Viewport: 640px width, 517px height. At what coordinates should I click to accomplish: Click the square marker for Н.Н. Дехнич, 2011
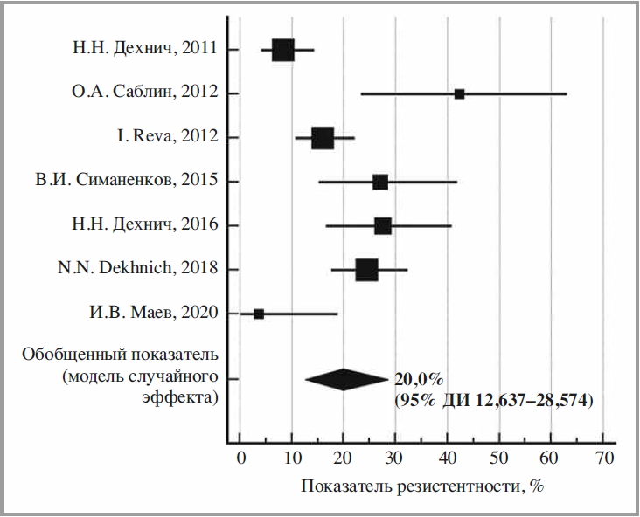[282, 50]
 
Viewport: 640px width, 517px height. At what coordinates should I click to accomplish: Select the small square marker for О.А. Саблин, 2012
[459, 93]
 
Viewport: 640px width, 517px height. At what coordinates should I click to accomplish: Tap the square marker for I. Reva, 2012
[323, 138]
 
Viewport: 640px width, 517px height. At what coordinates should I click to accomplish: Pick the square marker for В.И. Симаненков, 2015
[379, 182]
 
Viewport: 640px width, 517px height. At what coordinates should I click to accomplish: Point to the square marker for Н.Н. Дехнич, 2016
[383, 226]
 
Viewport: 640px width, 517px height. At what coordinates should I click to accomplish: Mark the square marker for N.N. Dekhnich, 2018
[367, 270]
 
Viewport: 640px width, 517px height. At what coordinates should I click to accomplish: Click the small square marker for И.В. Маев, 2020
[259, 314]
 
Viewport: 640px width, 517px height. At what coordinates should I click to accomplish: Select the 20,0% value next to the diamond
[419, 379]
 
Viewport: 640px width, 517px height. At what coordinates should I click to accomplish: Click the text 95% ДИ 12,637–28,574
[494, 401]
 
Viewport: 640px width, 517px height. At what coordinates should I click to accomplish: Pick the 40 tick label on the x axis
[447, 458]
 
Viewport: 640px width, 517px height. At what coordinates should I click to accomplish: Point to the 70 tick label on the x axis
[602, 458]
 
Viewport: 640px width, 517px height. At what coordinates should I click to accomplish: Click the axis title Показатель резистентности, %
[423, 486]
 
